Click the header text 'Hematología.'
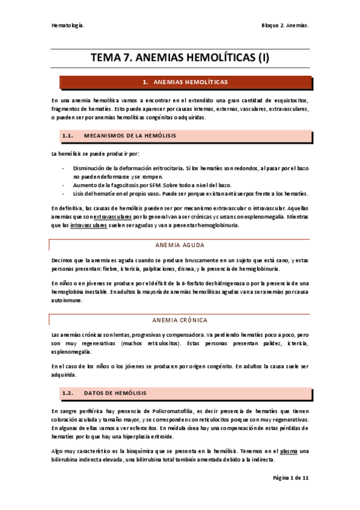point(67,26)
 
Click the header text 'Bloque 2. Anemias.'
point(285,26)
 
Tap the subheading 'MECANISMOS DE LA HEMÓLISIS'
point(130,135)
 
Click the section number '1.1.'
point(67,135)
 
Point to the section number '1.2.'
point(67,393)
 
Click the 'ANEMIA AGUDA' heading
point(180,245)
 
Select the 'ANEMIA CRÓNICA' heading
point(180,320)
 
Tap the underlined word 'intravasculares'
point(88,225)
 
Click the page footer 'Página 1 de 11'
point(290,477)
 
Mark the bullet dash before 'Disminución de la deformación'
point(63,168)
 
